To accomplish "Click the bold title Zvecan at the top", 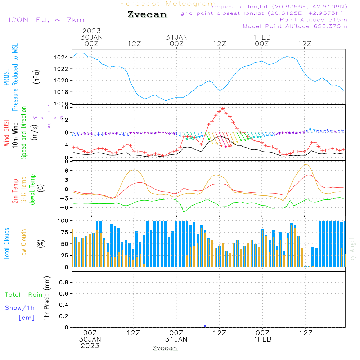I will coord(147,14).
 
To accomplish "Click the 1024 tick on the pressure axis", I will coord(63,57).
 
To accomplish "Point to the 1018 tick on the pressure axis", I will coord(63,92).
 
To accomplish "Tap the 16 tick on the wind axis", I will coord(64,107).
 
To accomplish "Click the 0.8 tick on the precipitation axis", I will coord(64,283).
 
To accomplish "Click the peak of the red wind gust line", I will coord(223,108).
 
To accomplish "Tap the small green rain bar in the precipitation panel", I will coord(205,326).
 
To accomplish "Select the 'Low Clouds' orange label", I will coord(24,244).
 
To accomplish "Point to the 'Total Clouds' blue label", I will coord(6,244).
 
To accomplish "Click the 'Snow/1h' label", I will coord(20,308).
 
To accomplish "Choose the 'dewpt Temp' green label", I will coord(33,190).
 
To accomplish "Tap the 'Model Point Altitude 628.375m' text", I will coord(295,26).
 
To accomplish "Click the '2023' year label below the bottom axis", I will coord(90,346).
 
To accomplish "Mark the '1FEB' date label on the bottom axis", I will coord(262,339).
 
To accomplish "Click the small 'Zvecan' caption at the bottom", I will coord(165,348).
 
